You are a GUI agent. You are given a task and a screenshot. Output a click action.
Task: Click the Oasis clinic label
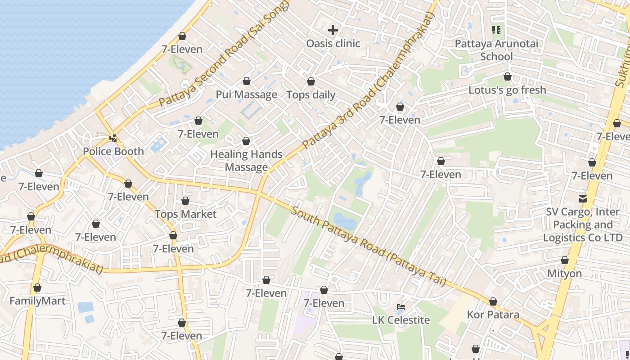333,44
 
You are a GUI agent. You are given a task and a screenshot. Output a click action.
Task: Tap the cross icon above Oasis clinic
333,30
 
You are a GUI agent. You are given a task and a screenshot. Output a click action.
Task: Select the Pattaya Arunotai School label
496,50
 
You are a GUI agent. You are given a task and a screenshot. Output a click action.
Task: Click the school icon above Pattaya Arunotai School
496,30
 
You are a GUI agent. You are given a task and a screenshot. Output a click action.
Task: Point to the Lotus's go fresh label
507,90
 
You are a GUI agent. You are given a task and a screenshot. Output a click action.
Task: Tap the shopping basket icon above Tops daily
311,81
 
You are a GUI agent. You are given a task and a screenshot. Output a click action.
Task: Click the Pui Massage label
246,94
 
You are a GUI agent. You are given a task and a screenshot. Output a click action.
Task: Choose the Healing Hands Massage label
246,161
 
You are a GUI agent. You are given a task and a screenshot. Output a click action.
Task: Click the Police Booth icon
113,138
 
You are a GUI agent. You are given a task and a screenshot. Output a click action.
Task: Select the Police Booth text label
113,151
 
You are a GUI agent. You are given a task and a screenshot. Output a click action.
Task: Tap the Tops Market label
185,214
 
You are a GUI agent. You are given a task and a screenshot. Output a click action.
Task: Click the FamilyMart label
37,301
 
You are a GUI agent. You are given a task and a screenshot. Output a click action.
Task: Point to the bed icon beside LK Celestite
401,307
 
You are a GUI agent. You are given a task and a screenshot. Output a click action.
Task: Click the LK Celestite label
401,320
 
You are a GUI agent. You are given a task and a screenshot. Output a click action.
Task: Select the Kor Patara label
493,315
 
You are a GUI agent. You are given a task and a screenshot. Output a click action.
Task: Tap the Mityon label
564,274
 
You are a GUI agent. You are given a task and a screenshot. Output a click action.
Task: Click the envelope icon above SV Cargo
583,198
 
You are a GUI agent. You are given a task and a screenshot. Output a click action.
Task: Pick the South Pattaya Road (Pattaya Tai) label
368,247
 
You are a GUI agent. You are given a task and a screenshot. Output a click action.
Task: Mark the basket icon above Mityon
564,260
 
